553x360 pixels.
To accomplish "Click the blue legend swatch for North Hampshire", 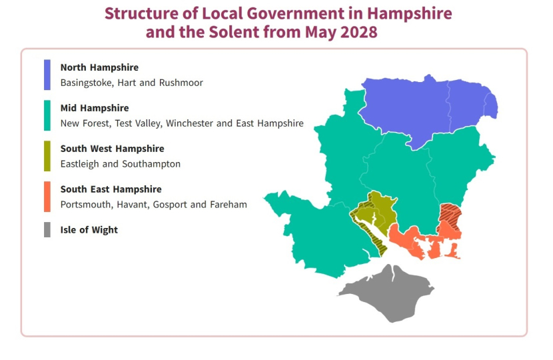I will [x=47, y=75].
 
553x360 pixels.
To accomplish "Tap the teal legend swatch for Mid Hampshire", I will [x=47, y=115].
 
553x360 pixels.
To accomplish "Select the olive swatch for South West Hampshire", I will [x=47, y=156].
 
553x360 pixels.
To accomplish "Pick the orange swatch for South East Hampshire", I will [x=47, y=197].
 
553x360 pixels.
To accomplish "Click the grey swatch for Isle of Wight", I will [x=47, y=230].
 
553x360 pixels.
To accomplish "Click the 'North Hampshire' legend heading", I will [x=99, y=67].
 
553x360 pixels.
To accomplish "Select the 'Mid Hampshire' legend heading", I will [x=95, y=108].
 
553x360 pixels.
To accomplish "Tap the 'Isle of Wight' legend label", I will [x=89, y=230].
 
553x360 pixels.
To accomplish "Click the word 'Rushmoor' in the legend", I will [x=182, y=83].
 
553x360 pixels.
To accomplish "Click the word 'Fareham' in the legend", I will [x=229, y=205].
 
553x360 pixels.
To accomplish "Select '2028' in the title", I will [x=358, y=31].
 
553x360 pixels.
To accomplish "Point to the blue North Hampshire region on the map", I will [x=426, y=107].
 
